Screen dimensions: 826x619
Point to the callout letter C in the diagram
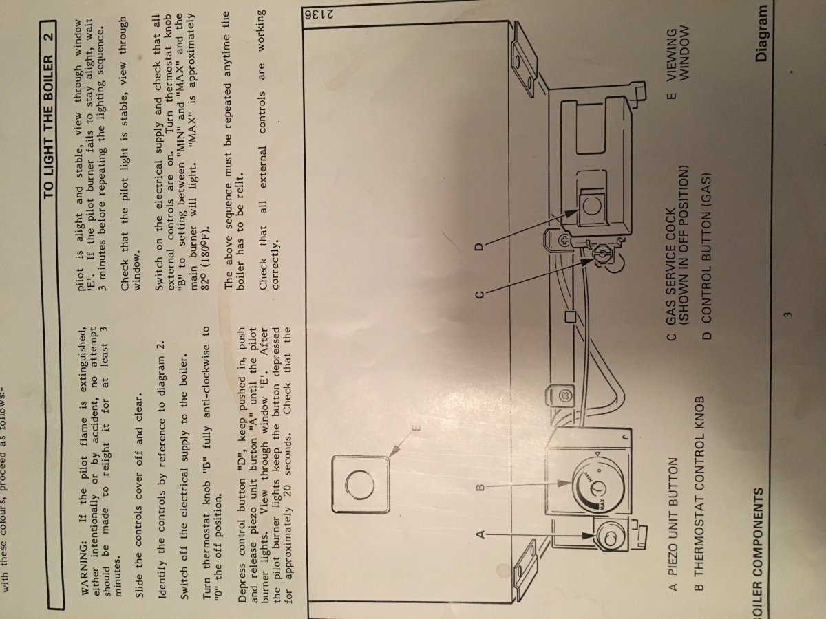tap(479, 294)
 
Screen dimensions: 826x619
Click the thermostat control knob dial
tap(598, 488)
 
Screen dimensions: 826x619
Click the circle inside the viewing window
tap(360, 484)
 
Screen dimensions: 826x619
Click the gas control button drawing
tap(593, 208)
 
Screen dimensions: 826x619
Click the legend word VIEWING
tap(672, 54)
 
